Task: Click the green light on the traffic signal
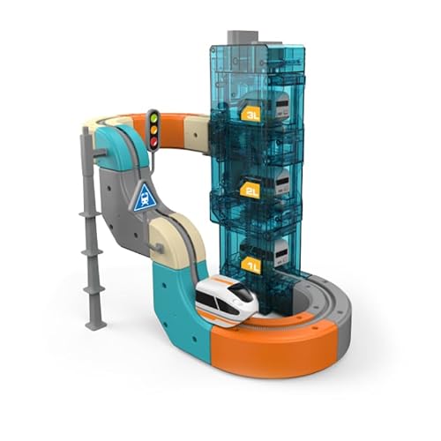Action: click(x=153, y=118)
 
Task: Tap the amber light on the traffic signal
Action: click(x=153, y=130)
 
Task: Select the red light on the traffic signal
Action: click(x=153, y=142)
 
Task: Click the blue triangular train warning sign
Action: click(x=145, y=198)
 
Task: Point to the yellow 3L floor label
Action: click(x=250, y=114)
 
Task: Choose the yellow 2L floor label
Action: click(x=250, y=191)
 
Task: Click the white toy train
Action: click(x=227, y=297)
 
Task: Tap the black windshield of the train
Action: click(x=243, y=290)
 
